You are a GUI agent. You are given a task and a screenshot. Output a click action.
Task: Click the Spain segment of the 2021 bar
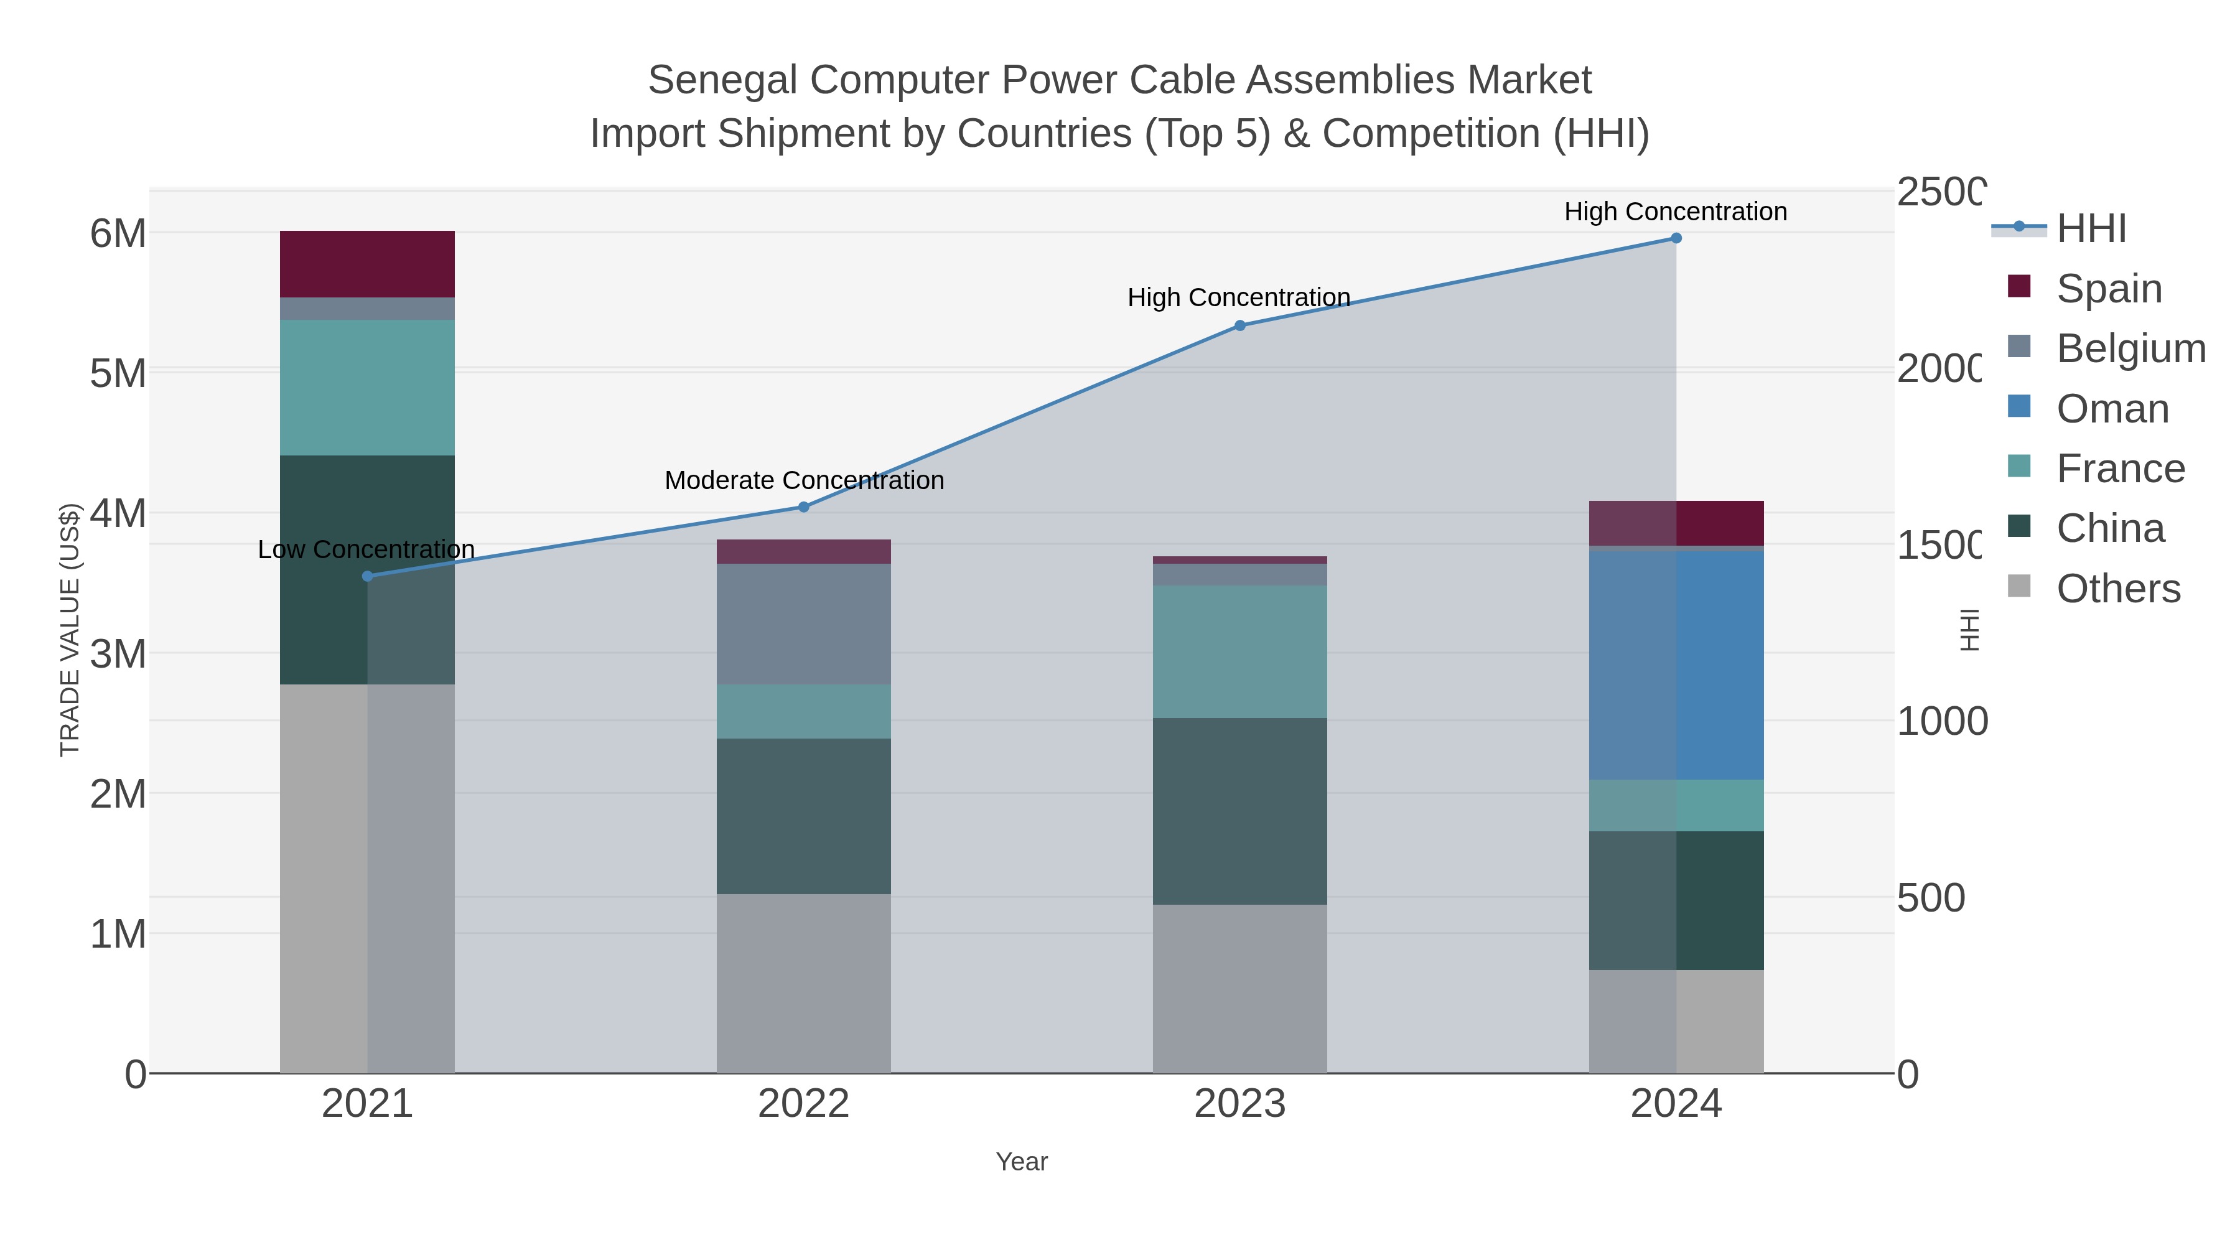367,264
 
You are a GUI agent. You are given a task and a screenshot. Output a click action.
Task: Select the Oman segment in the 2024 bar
1676,665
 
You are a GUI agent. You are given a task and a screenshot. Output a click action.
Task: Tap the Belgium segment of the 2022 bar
803,623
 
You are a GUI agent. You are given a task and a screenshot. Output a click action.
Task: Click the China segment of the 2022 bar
803,816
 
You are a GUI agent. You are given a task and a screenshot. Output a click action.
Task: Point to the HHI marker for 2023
1240,325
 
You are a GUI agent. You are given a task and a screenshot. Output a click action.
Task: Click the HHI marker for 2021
367,576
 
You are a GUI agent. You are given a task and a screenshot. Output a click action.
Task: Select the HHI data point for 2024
1676,238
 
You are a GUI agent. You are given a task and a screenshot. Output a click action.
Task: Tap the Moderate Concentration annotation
803,480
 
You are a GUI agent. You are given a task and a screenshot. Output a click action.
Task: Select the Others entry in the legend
2117,589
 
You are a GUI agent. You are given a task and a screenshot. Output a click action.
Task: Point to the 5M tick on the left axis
118,374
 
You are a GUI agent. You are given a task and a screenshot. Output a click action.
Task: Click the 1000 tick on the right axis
1941,721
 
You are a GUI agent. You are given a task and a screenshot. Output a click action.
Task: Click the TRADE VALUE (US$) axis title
70,630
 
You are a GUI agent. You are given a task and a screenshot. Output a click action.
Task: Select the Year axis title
1022,1162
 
